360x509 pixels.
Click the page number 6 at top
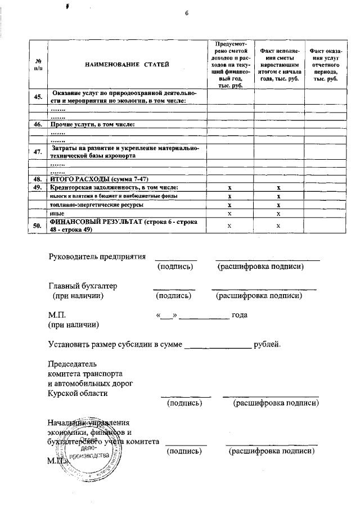[186, 14]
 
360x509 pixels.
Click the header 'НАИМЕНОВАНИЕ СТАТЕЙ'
[127, 65]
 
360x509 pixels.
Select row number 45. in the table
[38, 97]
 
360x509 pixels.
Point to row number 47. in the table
[38, 151]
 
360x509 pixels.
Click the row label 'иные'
[56, 214]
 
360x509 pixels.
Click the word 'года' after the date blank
[240, 315]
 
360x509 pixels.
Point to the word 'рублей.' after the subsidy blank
[267, 344]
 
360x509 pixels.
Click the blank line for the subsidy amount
[218, 345]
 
